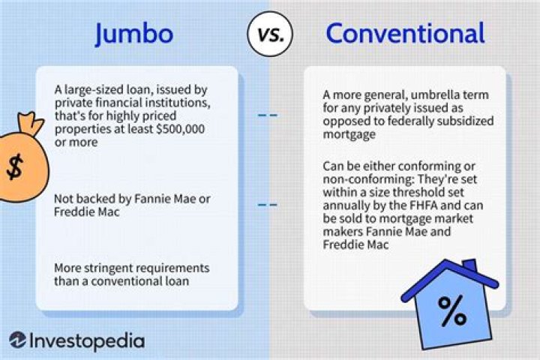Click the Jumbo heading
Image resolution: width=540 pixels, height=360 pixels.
[x=134, y=33]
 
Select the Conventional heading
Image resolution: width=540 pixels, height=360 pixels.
[x=405, y=33]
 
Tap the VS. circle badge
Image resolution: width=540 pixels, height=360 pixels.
[x=269, y=34]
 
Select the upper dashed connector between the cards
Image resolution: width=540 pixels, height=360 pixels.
[x=268, y=115]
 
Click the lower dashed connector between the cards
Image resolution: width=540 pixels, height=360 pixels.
[x=268, y=204]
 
